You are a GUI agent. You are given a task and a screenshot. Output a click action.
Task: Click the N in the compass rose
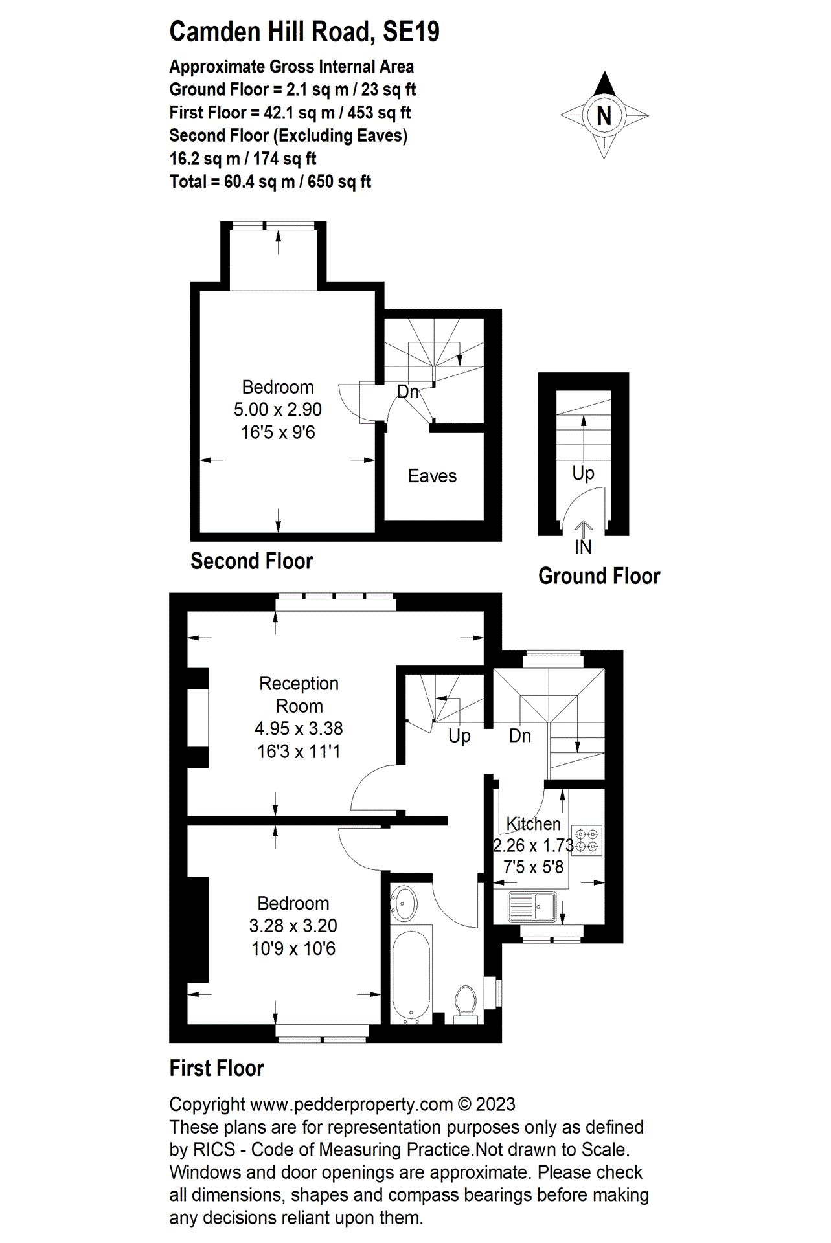coord(604,116)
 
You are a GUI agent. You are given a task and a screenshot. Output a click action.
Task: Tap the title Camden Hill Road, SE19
coord(304,32)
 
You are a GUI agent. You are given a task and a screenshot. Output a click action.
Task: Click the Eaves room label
coord(432,476)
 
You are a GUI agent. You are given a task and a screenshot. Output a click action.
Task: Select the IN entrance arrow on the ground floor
coord(584,530)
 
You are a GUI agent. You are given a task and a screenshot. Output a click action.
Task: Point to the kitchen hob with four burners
coord(587,840)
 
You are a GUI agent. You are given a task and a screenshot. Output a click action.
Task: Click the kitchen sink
coord(532,906)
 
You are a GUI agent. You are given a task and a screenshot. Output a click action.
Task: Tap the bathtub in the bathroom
coord(411,975)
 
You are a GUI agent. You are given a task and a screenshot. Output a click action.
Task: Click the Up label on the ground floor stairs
coord(583,473)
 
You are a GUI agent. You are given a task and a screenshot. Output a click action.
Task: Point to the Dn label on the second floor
coord(407,392)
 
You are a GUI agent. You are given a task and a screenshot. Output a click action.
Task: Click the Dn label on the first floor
coord(519,736)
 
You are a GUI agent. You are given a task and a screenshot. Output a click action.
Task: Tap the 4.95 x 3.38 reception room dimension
coord(299,728)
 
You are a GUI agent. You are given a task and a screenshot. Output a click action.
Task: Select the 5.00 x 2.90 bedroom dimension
coord(277,410)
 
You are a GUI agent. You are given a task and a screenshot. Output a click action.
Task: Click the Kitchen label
coord(533,823)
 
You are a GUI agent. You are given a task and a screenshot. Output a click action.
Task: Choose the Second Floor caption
coord(251,561)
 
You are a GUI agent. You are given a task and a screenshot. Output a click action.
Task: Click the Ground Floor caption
coord(599,576)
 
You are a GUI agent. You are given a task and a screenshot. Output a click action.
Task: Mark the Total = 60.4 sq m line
coord(270,182)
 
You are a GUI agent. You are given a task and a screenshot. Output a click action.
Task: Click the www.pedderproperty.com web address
coord(351,1104)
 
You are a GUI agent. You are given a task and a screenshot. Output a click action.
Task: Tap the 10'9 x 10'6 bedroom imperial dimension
coord(293,948)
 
